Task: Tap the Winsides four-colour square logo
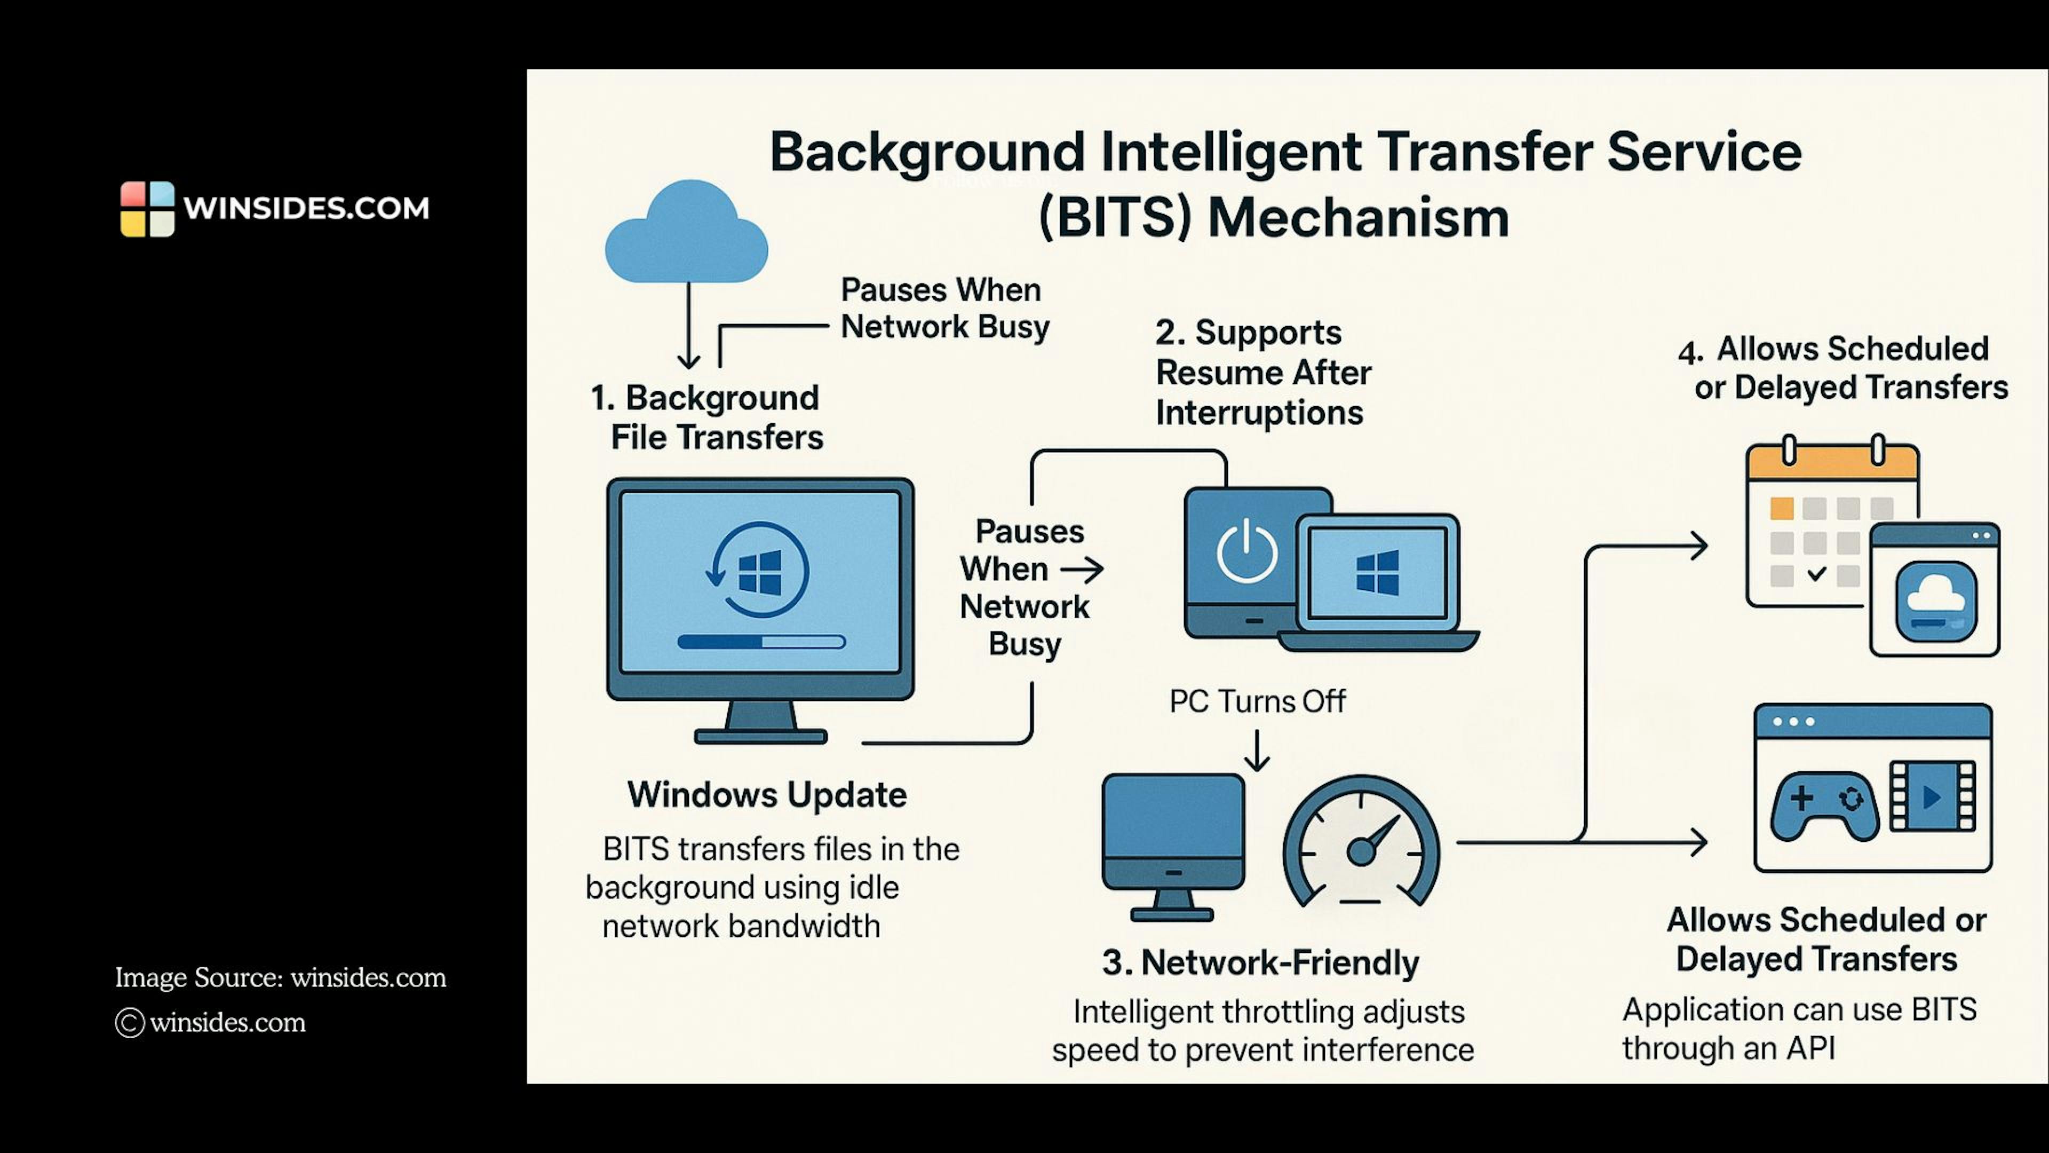(x=147, y=209)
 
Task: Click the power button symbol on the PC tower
(x=1246, y=551)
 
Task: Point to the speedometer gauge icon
(x=1361, y=843)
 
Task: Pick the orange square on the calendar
(x=1782, y=508)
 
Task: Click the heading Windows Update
(x=767, y=795)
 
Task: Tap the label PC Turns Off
(x=1257, y=701)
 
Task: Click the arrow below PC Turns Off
(x=1257, y=751)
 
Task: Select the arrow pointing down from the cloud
(x=688, y=326)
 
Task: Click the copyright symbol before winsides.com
(x=130, y=1023)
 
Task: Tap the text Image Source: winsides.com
(x=280, y=977)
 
